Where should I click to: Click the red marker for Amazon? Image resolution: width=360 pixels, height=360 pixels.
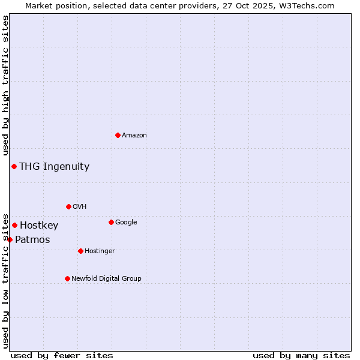pos(118,135)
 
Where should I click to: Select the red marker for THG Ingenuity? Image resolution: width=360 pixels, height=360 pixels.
pos(14,166)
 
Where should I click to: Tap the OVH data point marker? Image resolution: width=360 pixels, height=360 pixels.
pos(68,206)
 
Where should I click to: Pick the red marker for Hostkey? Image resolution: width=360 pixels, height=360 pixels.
pos(14,225)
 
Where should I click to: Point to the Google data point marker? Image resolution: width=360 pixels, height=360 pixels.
pos(111,222)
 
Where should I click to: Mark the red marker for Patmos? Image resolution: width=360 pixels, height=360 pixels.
pos(10,239)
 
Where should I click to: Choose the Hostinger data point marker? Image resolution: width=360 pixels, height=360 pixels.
pos(80,251)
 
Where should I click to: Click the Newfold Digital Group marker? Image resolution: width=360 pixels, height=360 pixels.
pos(67,278)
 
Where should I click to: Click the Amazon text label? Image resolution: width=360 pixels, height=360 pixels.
pos(134,136)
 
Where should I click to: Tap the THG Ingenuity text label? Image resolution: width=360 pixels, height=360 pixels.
pos(55,167)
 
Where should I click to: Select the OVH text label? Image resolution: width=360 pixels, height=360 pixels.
pos(80,207)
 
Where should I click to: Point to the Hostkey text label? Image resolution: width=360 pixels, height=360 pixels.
pos(39,226)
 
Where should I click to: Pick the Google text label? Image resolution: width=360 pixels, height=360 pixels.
pos(126,223)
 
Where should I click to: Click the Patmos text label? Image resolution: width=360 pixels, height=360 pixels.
pos(32,240)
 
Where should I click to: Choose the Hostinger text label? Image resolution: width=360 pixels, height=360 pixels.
pos(100,251)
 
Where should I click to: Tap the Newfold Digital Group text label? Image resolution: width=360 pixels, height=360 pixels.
pos(106,279)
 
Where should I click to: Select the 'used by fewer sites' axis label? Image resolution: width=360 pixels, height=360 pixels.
pos(62,355)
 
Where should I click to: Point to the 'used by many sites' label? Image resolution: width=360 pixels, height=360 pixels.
pos(301,355)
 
